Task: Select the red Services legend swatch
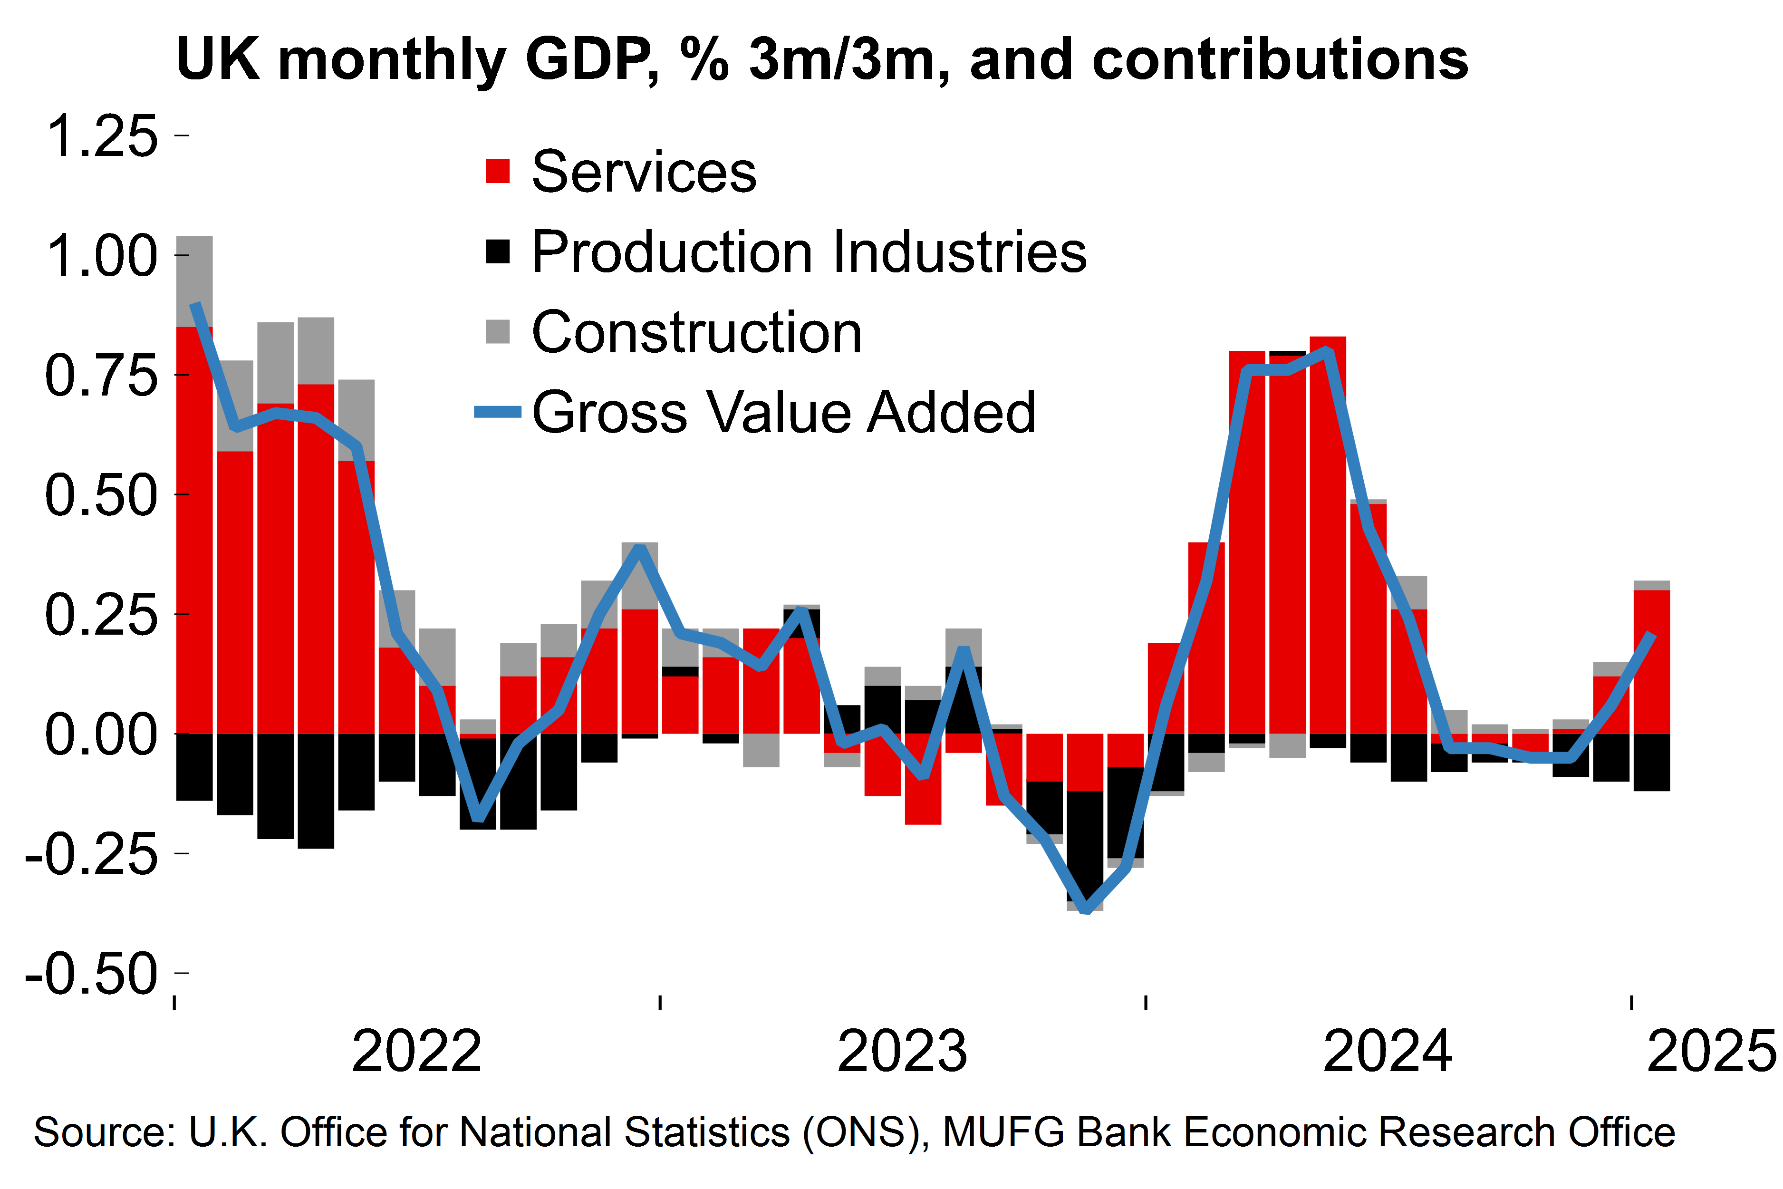click(x=497, y=171)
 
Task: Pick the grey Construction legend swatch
click(x=497, y=331)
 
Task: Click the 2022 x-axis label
click(x=416, y=1053)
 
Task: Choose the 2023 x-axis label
click(x=902, y=1053)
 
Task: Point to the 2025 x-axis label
click(x=1712, y=1053)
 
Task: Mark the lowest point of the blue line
click(x=1086, y=909)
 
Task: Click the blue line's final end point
click(x=1652, y=636)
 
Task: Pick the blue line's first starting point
click(x=195, y=304)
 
